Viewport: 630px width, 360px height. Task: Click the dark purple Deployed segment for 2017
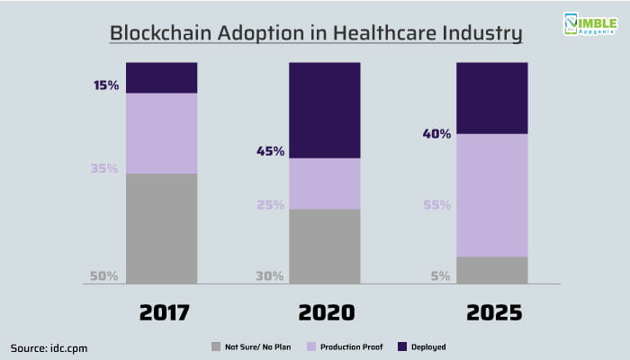click(x=161, y=78)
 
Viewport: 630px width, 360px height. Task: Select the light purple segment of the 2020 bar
click(x=325, y=184)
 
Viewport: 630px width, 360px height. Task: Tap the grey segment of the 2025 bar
click(x=491, y=270)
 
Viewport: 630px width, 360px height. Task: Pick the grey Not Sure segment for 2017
click(x=161, y=229)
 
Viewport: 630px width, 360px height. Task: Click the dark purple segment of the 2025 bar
click(x=491, y=98)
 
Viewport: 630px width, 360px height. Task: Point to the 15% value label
click(x=106, y=85)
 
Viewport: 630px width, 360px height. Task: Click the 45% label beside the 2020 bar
click(x=270, y=151)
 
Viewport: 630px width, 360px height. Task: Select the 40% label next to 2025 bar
click(x=436, y=134)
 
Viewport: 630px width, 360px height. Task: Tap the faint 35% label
click(x=104, y=168)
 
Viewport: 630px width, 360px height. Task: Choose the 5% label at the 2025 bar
click(x=440, y=276)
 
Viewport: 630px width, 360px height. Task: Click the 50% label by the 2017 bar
click(x=103, y=276)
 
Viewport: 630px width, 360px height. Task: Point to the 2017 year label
click(x=165, y=312)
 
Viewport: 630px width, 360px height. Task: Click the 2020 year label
click(x=326, y=312)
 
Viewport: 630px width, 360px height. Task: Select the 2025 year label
click(x=494, y=312)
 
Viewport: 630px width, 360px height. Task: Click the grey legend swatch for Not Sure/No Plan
click(x=216, y=346)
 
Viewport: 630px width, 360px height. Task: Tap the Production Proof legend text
click(x=352, y=346)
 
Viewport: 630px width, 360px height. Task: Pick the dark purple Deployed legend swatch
click(x=402, y=346)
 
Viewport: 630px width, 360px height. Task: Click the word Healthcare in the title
click(x=384, y=33)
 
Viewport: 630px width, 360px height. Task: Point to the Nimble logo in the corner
click(x=590, y=24)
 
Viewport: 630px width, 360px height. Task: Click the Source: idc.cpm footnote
click(x=49, y=348)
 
